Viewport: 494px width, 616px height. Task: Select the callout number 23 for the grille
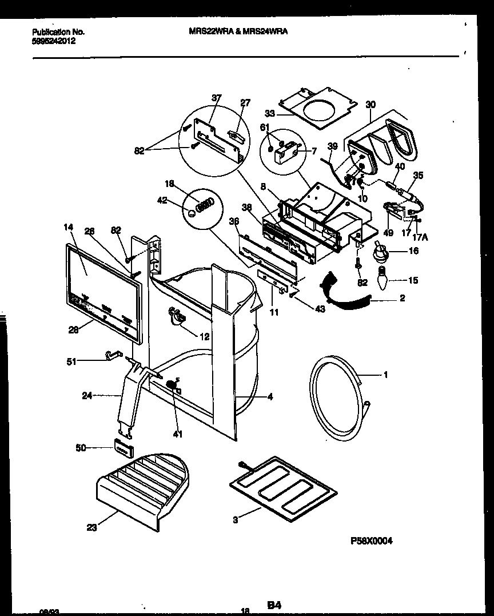91,527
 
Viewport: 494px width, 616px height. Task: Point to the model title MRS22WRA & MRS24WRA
238,33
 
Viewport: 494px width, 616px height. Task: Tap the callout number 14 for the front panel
69,227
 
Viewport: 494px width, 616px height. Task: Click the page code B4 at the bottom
274,605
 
